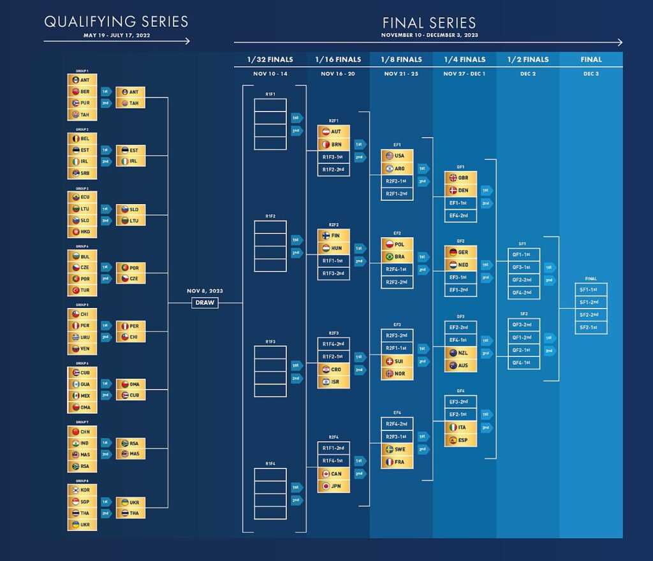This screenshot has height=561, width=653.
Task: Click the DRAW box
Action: coord(205,303)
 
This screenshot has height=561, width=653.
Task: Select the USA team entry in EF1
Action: coord(397,156)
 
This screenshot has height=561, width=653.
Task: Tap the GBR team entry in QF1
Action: coord(460,178)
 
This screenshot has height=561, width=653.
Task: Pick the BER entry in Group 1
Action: coord(82,92)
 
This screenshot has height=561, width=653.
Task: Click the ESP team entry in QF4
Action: coord(460,440)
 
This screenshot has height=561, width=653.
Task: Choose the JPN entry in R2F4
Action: coord(334,486)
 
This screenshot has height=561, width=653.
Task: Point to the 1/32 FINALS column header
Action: coord(270,59)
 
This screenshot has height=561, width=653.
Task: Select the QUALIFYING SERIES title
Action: coord(116,22)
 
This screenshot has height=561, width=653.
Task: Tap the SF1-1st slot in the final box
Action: coord(591,289)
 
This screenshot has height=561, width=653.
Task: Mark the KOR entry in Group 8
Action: coord(82,490)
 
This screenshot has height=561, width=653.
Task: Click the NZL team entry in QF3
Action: coord(460,353)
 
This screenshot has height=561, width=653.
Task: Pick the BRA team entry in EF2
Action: coord(397,256)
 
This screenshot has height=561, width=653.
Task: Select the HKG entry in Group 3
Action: coord(82,232)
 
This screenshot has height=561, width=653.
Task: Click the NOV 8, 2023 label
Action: coord(205,291)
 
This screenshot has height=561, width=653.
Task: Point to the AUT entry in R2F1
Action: coord(334,132)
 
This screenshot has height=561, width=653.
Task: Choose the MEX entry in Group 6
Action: coord(82,396)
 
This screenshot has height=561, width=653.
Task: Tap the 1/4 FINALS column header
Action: coord(465,59)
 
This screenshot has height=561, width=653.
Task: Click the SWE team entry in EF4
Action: coord(397,449)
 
